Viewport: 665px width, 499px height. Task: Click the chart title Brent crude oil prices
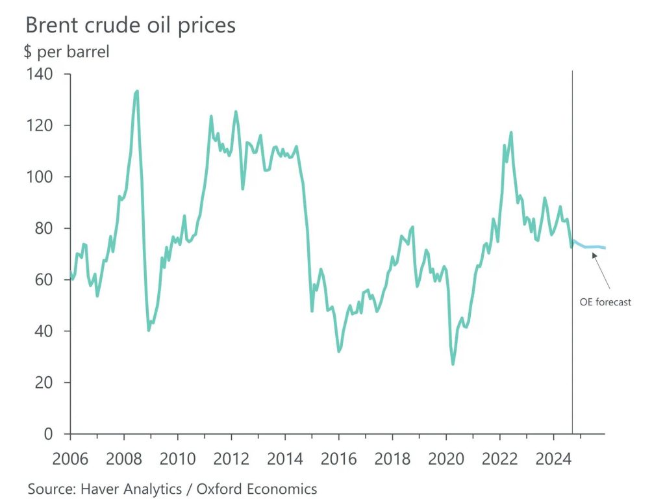pyautogui.click(x=130, y=25)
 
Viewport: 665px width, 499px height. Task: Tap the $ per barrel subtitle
pyautogui.click(x=66, y=52)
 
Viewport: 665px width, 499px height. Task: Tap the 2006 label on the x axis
pyautogui.click(x=70, y=458)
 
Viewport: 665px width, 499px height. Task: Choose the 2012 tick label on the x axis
pyautogui.click(x=231, y=458)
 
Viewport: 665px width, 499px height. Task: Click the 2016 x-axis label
pyautogui.click(x=338, y=458)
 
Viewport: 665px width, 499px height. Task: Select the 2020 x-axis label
pyautogui.click(x=445, y=458)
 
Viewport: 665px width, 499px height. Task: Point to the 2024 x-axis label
pyautogui.click(x=553, y=458)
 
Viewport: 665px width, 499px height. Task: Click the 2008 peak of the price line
pyautogui.click(x=137, y=92)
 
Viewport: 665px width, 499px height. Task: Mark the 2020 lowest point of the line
pyautogui.click(x=453, y=364)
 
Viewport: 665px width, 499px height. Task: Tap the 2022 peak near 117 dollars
pyautogui.click(x=511, y=133)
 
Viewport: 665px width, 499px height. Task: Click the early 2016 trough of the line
pyautogui.click(x=339, y=352)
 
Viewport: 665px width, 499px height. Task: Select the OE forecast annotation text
pyautogui.click(x=605, y=302)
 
